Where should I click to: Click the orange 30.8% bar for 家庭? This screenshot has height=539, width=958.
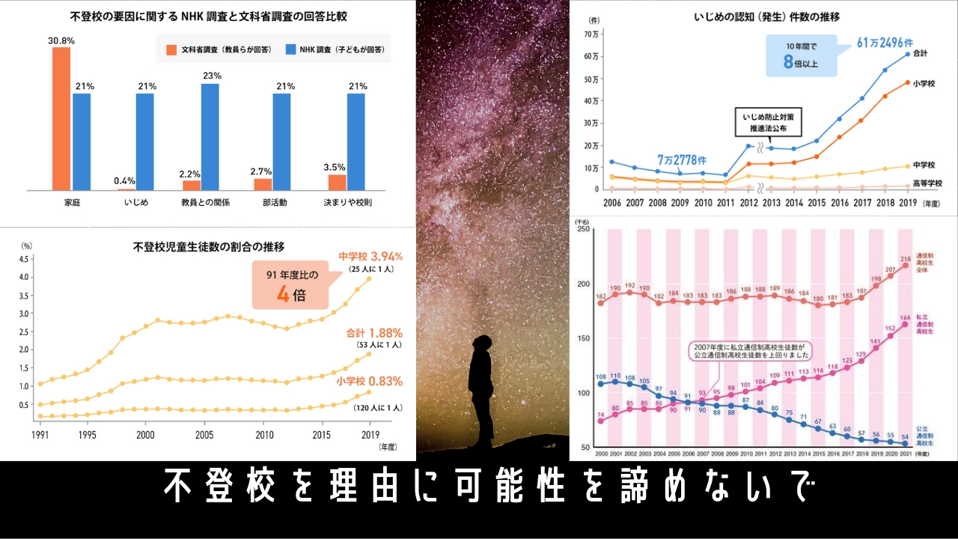coord(61,118)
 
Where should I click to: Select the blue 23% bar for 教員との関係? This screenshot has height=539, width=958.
coord(210,137)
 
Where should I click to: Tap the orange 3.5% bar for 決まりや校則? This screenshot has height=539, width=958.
coord(338,182)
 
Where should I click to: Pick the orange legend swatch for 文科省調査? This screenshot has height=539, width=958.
coord(171,50)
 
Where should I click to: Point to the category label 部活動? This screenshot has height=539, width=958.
coord(275,202)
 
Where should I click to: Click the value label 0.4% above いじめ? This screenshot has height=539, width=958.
coord(125,180)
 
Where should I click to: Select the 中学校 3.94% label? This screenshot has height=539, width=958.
coord(370,256)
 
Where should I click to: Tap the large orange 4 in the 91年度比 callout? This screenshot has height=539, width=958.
coord(283,294)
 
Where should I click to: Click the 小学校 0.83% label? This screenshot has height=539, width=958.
coord(369,381)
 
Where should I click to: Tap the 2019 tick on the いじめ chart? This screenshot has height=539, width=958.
coord(907,202)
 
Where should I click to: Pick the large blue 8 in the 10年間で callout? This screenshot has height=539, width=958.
coord(787,63)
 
